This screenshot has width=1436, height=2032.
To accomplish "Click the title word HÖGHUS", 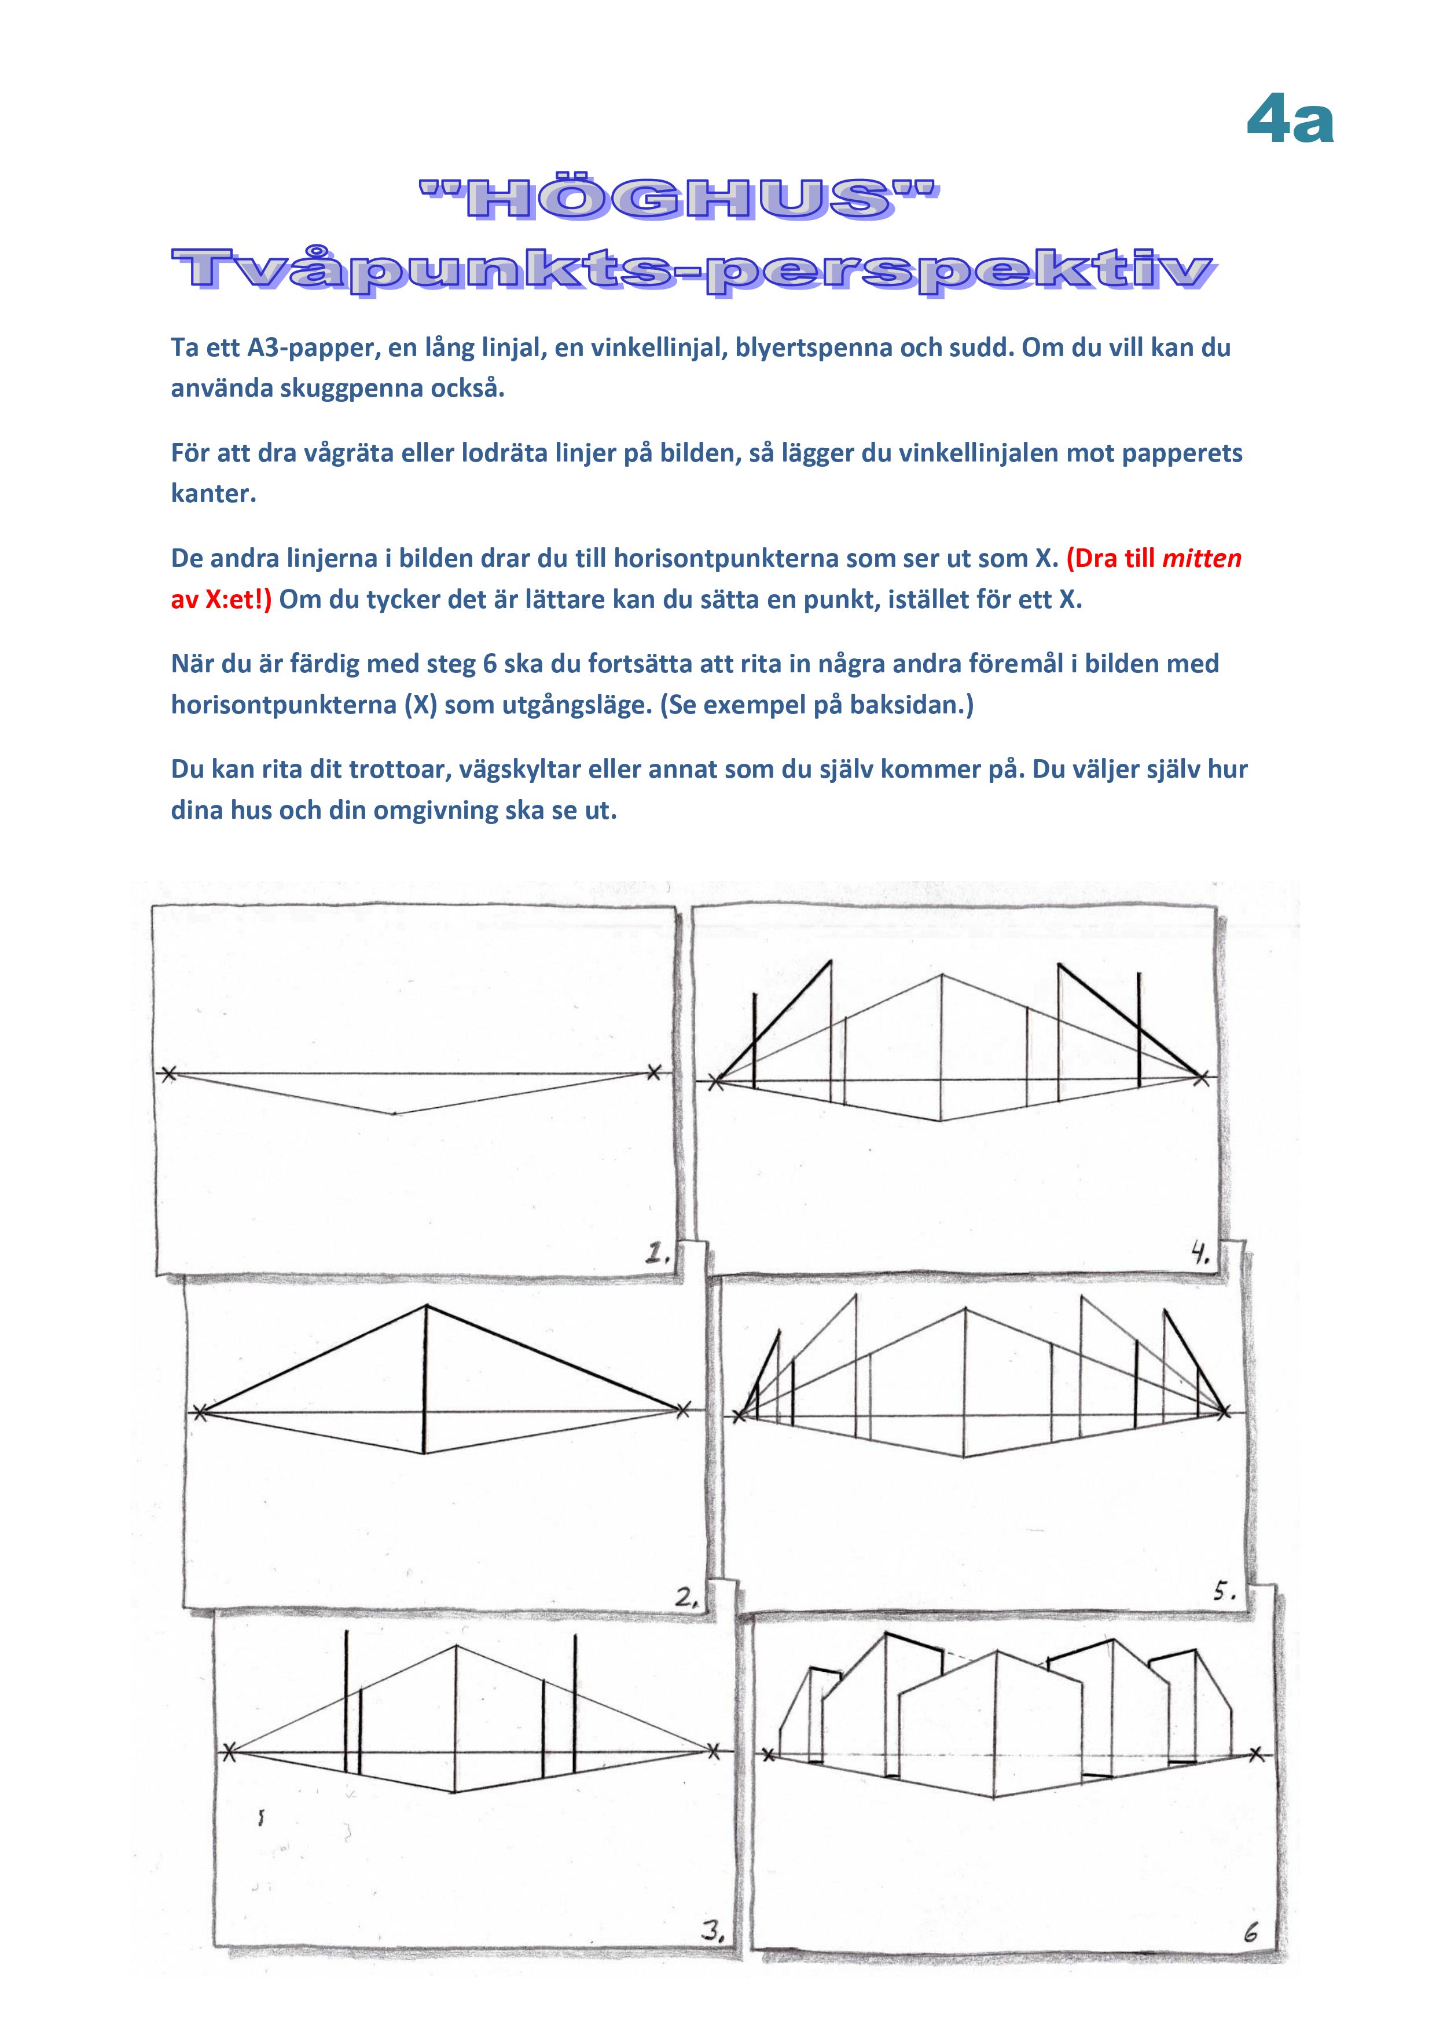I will [x=678, y=198].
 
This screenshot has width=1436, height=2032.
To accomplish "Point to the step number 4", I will [x=1200, y=1253].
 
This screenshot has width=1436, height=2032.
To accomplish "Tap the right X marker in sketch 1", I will [x=654, y=1072].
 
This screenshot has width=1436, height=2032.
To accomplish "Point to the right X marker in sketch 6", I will [x=1257, y=1753].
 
